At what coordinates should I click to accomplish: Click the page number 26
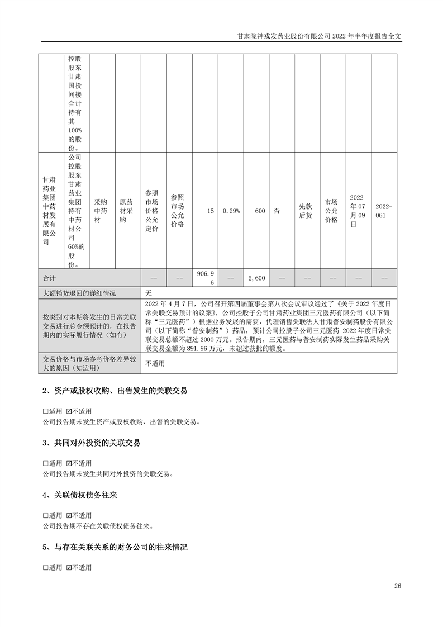398,586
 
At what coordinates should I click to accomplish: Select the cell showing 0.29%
231,211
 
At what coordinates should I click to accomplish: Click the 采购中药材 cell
101,211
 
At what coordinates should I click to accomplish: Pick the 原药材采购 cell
126,211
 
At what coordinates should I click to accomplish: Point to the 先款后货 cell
306,211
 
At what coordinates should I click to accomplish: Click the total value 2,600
256,278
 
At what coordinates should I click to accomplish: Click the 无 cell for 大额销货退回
149,292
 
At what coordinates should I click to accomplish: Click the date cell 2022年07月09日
358,211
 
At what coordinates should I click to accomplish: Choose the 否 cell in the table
277,211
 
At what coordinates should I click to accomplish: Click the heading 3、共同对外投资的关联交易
91,443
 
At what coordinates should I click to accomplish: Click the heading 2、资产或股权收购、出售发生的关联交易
115,391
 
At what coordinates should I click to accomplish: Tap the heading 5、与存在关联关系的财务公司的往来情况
115,548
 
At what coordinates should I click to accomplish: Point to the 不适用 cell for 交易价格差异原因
155,363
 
